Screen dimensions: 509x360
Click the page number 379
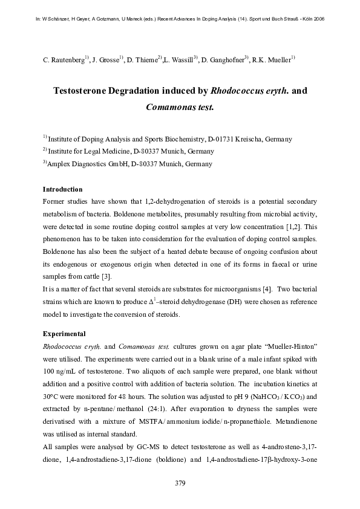point(180,483)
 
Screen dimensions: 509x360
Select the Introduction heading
point(63,189)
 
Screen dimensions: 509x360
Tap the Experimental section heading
point(64,334)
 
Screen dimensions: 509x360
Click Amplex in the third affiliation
point(59,163)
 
